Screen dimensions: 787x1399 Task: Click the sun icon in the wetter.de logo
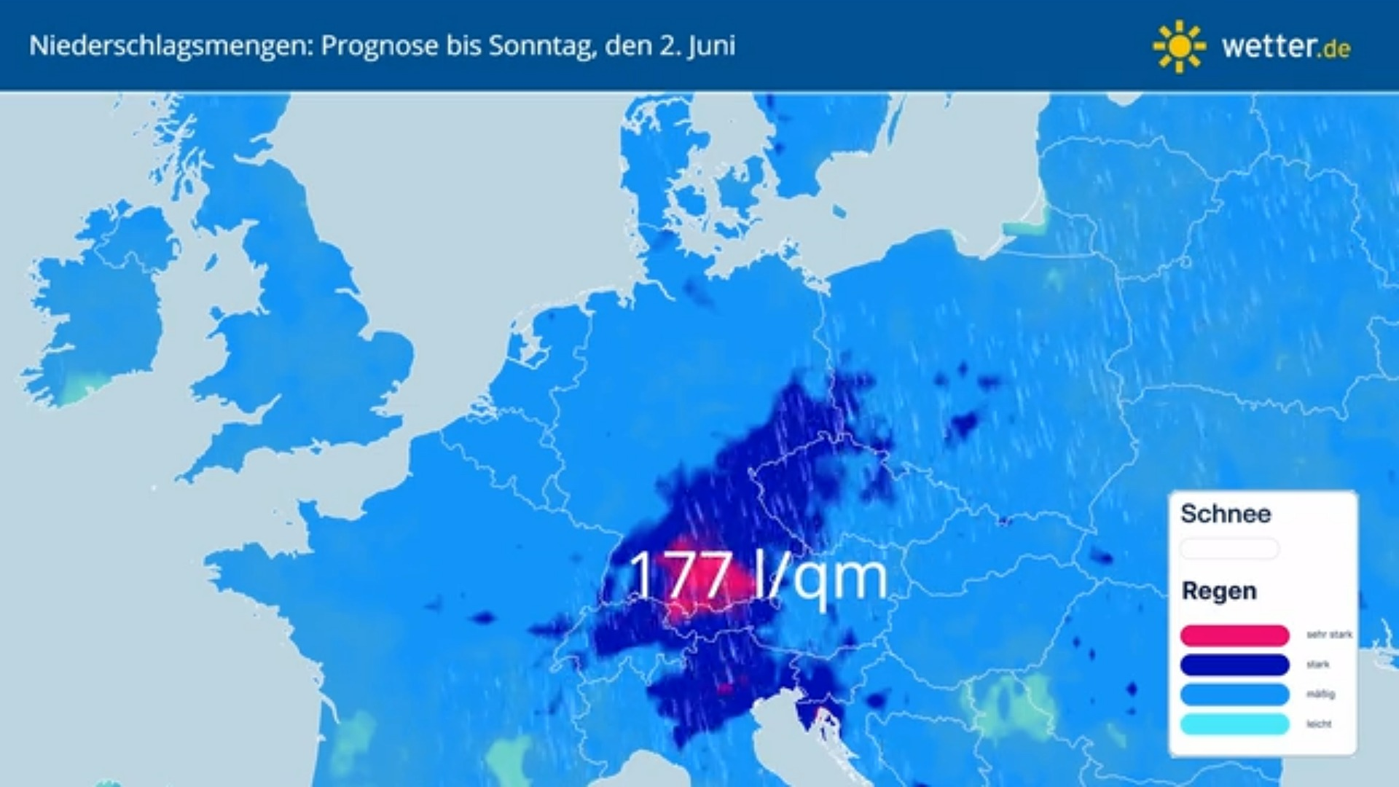(x=1178, y=47)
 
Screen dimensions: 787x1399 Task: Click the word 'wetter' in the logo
(x=1269, y=47)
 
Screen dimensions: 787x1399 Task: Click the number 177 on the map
(x=680, y=576)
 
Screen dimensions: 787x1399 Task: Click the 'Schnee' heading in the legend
(x=1226, y=514)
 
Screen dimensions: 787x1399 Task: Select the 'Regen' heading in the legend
(x=1219, y=591)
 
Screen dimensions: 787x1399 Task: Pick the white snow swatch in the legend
(x=1229, y=549)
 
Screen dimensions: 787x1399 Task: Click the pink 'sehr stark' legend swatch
(x=1234, y=635)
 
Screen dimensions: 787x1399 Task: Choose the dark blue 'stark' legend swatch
(x=1234, y=665)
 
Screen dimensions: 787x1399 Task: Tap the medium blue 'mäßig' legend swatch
(x=1234, y=694)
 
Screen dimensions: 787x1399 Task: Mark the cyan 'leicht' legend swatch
(x=1234, y=724)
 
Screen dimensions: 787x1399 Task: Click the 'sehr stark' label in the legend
(x=1329, y=635)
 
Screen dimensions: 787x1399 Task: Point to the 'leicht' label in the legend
(x=1319, y=724)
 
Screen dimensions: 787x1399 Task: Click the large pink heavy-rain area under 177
(x=710, y=583)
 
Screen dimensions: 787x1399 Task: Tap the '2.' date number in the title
(x=670, y=46)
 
